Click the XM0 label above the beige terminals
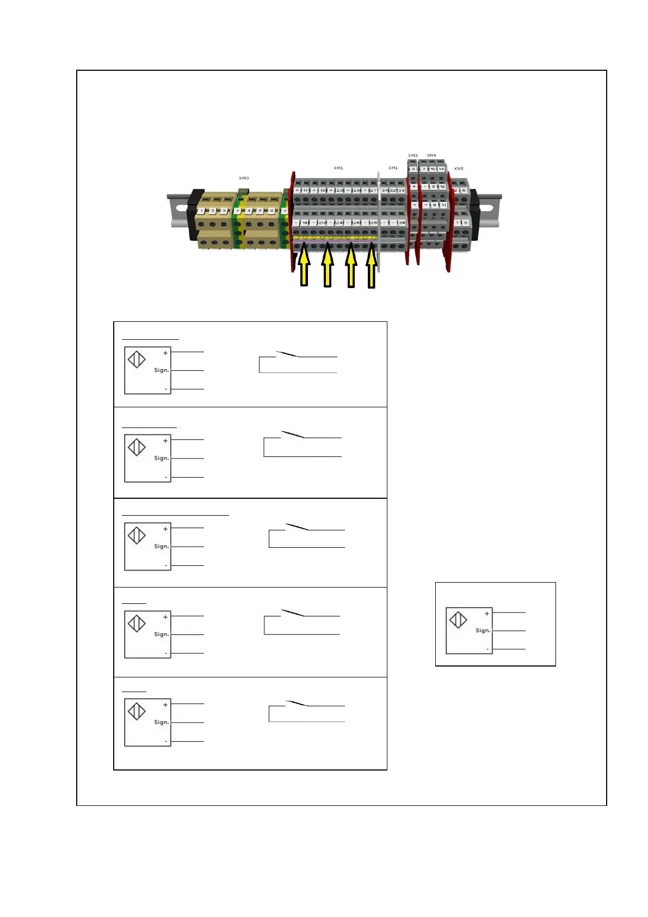click(244, 178)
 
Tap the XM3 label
click(413, 156)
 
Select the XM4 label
click(431, 156)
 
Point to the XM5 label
click(459, 169)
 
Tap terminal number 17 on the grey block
click(306, 191)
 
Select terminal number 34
click(402, 223)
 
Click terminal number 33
click(401, 191)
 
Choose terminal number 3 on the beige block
click(224, 211)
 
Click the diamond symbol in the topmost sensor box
click(137, 359)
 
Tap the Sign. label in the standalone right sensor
click(483, 631)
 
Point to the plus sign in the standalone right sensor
click(487, 614)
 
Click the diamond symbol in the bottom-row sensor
click(137, 711)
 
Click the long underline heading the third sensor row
click(175, 515)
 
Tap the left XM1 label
click(338, 168)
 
